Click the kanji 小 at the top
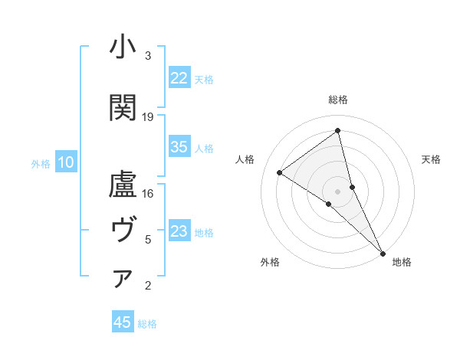click(123, 47)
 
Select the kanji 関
click(123, 108)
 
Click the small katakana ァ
click(123, 279)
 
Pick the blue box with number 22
click(179, 78)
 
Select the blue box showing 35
click(179, 148)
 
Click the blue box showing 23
click(179, 232)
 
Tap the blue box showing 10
click(66, 162)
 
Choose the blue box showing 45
click(123, 322)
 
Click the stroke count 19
click(148, 117)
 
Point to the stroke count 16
click(148, 193)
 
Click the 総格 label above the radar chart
click(338, 100)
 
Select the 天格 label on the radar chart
click(432, 159)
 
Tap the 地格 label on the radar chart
click(402, 263)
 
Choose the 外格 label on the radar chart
click(270, 263)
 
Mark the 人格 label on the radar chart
click(245, 159)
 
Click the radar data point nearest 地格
click(382, 253)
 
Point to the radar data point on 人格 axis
click(280, 172)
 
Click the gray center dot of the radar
click(337, 191)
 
